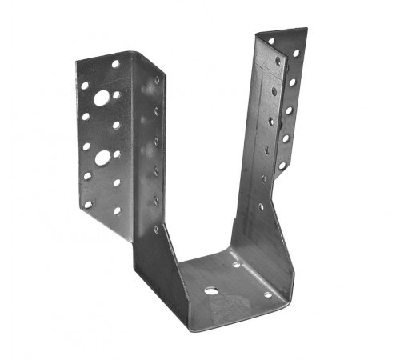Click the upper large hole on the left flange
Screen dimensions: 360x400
click(102, 98)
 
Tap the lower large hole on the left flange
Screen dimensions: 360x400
click(102, 158)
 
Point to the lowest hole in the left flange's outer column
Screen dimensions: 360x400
click(88, 204)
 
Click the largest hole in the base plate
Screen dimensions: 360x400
click(210, 290)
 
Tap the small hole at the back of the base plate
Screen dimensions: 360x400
click(236, 264)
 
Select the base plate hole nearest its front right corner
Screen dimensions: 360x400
click(268, 294)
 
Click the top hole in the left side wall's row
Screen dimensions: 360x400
click(157, 80)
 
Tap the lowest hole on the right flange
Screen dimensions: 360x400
click(282, 166)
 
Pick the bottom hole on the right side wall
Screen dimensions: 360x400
click(261, 206)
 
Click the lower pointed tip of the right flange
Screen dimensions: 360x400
click(277, 179)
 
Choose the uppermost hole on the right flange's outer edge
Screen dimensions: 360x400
click(296, 54)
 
